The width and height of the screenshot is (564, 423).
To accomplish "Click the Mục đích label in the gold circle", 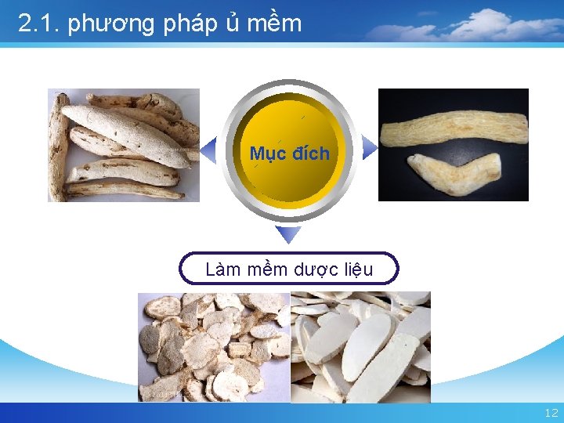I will click(x=290, y=153).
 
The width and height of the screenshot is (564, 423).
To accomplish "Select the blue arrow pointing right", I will click(x=370, y=146).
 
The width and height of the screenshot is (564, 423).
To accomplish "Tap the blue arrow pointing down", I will click(x=289, y=234).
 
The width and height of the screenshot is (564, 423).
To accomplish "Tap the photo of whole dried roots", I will click(x=124, y=145).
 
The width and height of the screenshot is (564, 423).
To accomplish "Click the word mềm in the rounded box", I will click(x=268, y=269).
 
